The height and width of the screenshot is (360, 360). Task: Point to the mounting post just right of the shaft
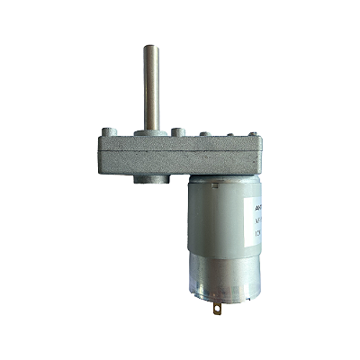coord(178,133)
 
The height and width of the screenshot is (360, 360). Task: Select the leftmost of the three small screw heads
coord(205,134)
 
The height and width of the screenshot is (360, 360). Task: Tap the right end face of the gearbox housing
coord(263,155)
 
